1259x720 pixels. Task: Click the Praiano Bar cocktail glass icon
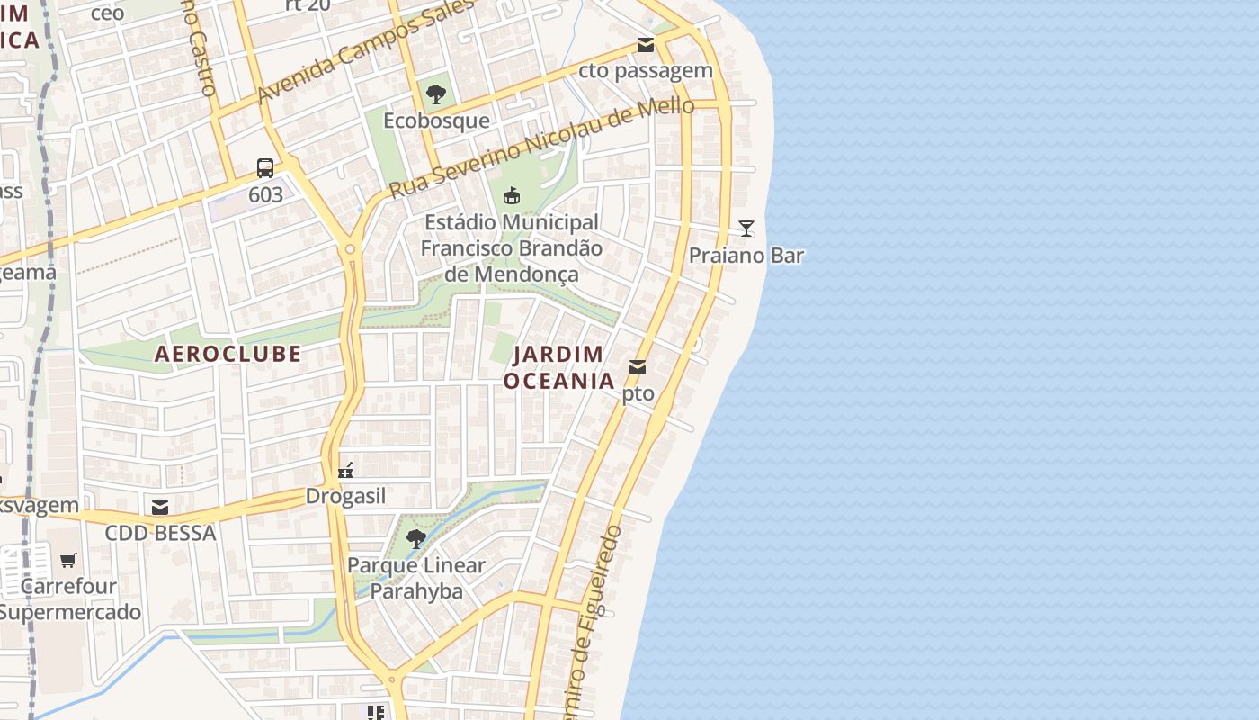pyautogui.click(x=746, y=228)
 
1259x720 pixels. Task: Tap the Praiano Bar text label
pyautogui.click(x=746, y=256)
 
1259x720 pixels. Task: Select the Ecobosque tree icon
pyautogui.click(x=436, y=94)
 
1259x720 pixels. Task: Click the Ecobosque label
pyautogui.click(x=436, y=121)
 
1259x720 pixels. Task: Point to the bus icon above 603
pyautogui.click(x=265, y=167)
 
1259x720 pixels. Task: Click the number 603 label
pyautogui.click(x=265, y=194)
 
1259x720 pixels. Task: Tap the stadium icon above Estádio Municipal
pyautogui.click(x=512, y=195)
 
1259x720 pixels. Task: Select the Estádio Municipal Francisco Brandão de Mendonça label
pyautogui.click(x=511, y=247)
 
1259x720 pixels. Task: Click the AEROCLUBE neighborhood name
pyautogui.click(x=228, y=354)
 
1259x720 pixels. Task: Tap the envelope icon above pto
pyautogui.click(x=638, y=366)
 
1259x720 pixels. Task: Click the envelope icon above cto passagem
pyautogui.click(x=645, y=45)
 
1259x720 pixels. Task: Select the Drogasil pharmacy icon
pyautogui.click(x=345, y=470)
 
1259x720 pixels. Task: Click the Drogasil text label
pyautogui.click(x=345, y=497)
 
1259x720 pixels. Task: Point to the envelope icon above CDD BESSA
pyautogui.click(x=160, y=508)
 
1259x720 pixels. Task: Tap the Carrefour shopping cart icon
pyautogui.click(x=68, y=560)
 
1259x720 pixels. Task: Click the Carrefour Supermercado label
pyautogui.click(x=69, y=599)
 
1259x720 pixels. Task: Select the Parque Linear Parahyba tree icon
pyautogui.click(x=415, y=539)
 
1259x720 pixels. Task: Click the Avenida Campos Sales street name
pyautogui.click(x=364, y=51)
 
